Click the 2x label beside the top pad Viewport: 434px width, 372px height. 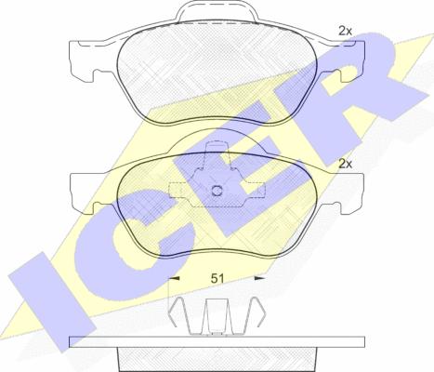pos(346,31)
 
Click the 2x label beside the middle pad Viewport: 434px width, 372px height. pos(346,164)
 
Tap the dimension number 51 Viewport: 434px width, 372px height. pos(217,278)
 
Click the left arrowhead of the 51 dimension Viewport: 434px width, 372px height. pos(175,278)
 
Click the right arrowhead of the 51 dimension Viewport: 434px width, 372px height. pos(259,278)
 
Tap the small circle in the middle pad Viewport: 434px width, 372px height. pos(217,191)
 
